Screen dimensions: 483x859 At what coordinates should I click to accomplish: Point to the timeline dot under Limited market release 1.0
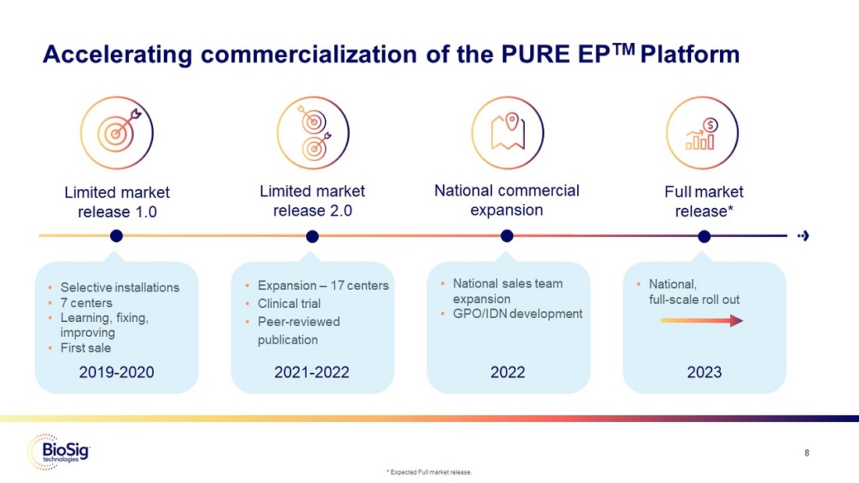point(117,236)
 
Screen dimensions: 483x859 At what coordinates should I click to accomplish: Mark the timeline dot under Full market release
point(704,236)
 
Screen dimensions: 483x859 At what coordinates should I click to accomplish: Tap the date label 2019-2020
point(117,373)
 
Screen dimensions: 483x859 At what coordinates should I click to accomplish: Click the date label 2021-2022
point(312,373)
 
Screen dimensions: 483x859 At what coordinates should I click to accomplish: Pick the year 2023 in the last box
point(704,373)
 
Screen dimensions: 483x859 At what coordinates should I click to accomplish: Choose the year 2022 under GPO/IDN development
point(508,373)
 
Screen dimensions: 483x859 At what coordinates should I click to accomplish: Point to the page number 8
point(807,453)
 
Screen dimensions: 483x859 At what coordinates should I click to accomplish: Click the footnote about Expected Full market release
point(429,472)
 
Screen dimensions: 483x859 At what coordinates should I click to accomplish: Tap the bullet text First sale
point(86,348)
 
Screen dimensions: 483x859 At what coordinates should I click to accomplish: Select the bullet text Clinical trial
point(289,303)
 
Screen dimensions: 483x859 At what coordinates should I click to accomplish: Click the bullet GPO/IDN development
point(517,313)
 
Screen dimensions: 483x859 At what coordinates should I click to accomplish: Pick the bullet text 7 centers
point(86,302)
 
